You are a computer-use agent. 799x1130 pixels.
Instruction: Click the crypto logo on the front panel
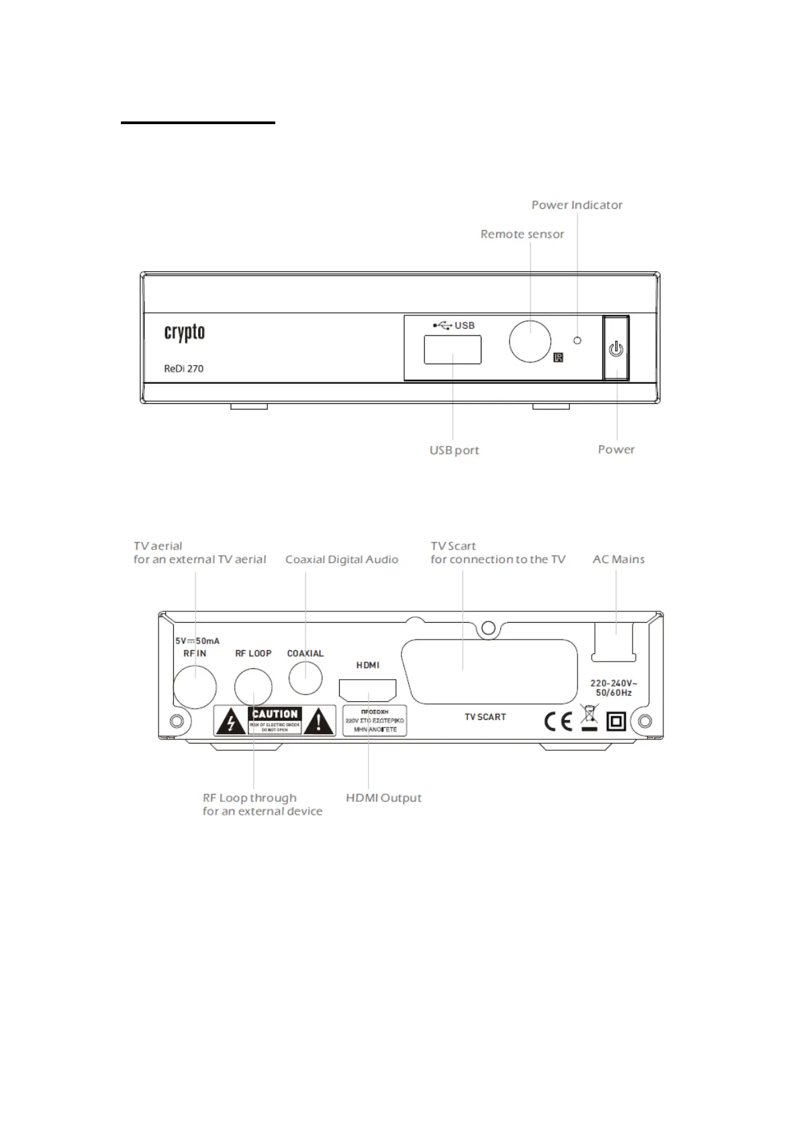click(185, 333)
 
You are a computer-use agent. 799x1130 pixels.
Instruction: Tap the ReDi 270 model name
click(184, 368)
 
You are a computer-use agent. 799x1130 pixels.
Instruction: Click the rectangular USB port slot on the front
click(453, 350)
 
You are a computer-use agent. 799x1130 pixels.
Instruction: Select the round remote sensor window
click(530, 341)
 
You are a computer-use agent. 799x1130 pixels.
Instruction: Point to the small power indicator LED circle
click(577, 340)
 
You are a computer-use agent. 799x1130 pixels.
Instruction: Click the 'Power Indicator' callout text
click(577, 205)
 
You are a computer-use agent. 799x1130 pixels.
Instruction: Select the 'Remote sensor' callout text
click(522, 234)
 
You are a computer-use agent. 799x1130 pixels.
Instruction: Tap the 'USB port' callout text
click(455, 450)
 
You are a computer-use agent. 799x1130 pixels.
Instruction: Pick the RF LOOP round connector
click(253, 688)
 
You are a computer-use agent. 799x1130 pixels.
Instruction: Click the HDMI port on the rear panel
click(367, 690)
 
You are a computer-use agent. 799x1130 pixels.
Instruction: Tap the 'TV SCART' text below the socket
click(485, 717)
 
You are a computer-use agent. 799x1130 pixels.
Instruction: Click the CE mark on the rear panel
click(558, 721)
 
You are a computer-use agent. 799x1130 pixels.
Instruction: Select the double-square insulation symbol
click(616, 721)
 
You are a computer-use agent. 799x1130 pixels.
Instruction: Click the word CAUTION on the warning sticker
click(275, 714)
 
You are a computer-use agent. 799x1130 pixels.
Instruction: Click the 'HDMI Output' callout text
click(383, 798)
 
